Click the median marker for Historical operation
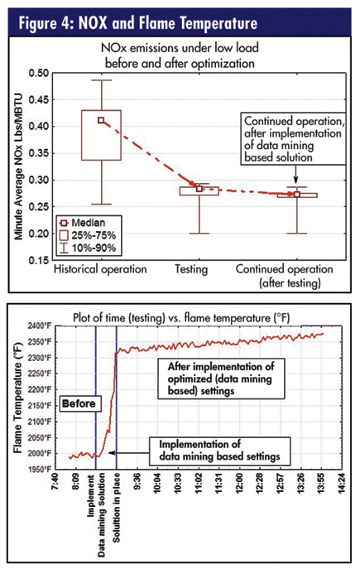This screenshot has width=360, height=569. click(x=101, y=120)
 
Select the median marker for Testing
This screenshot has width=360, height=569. click(x=199, y=189)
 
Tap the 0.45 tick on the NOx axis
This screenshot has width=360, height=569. click(x=38, y=99)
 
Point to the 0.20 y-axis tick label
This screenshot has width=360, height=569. click(x=38, y=234)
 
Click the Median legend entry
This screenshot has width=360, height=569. click(x=83, y=223)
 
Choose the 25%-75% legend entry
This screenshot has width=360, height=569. click(x=88, y=235)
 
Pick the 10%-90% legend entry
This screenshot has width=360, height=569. click(x=88, y=248)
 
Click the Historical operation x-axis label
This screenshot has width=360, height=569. click(x=100, y=269)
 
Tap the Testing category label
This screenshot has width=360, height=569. click(x=191, y=269)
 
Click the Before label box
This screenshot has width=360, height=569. click(x=79, y=403)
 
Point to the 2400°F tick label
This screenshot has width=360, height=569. click(x=40, y=325)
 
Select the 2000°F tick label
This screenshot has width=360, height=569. click(x=40, y=454)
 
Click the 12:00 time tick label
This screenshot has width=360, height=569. click(x=239, y=482)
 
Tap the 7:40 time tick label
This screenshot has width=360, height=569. click(x=55, y=482)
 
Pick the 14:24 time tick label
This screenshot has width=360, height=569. click(x=341, y=482)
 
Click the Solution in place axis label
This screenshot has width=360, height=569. click(x=116, y=508)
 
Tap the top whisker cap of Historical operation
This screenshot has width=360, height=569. click(x=101, y=80)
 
